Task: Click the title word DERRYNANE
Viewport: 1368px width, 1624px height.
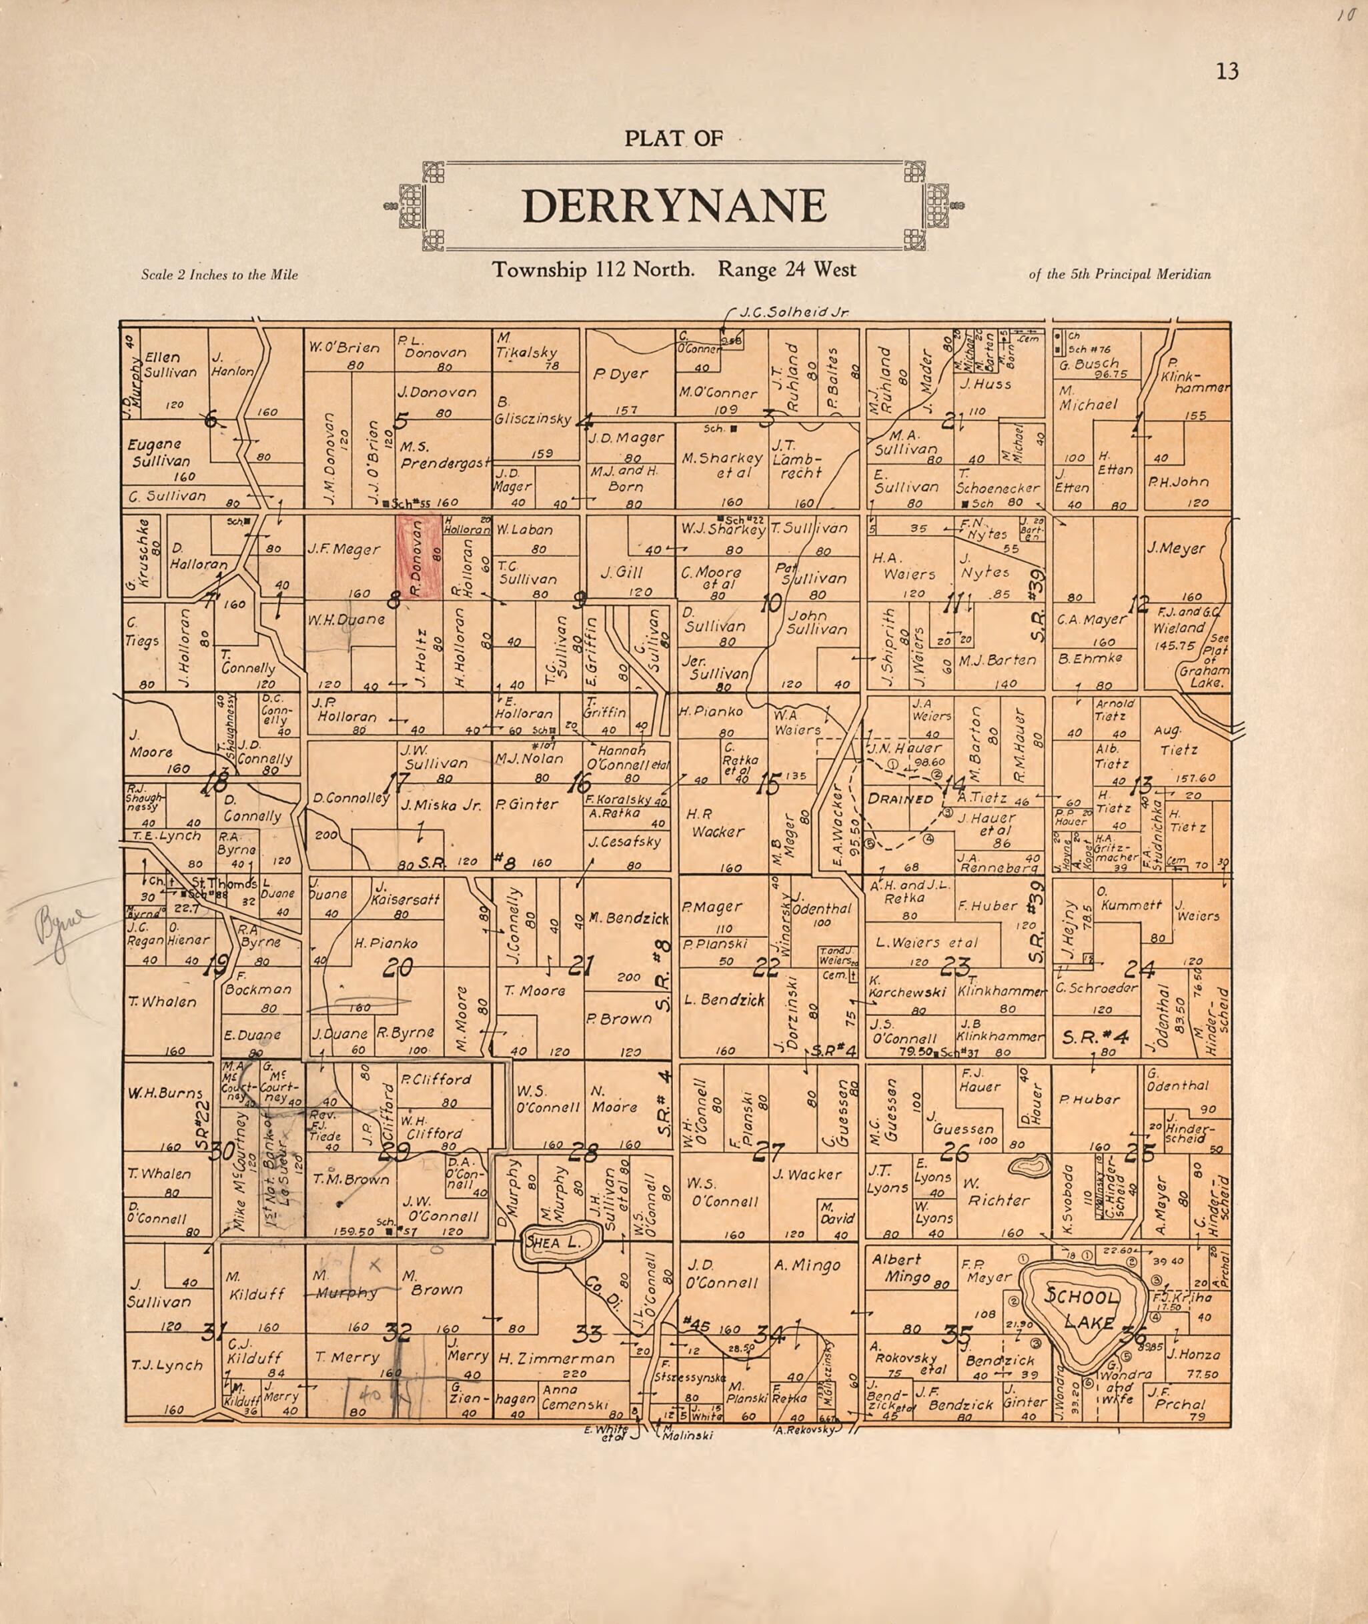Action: [x=674, y=206]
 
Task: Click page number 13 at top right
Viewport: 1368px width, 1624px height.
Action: [x=1227, y=72]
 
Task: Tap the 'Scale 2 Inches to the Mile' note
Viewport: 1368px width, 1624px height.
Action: [x=219, y=275]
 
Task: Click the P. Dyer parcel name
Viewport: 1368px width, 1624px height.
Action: [x=620, y=373]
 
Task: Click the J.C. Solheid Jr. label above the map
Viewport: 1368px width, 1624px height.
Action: [x=793, y=313]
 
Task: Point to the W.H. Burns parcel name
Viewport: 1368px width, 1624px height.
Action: [x=159, y=1094]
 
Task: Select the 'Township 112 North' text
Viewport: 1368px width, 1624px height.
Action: [x=593, y=270]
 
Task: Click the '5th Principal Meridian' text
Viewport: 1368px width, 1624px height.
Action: [x=1119, y=275]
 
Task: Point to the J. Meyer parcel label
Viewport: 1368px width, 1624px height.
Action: [x=1176, y=549]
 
